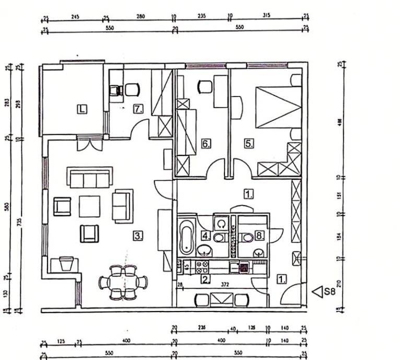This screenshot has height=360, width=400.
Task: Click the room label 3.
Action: point(138,236)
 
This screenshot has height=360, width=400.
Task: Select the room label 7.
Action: point(138,109)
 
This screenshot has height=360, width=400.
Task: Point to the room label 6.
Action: point(206,142)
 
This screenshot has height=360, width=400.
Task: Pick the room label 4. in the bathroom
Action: point(206,236)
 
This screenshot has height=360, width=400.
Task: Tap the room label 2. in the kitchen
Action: point(205,279)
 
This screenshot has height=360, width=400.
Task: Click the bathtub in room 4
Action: point(186,236)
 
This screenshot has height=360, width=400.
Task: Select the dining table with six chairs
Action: point(123,282)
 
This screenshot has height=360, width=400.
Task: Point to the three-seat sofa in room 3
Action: point(89,177)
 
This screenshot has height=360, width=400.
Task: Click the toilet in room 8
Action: point(248,237)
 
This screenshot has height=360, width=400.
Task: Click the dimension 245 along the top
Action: point(75,16)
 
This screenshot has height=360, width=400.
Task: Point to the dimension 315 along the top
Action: point(268,16)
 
